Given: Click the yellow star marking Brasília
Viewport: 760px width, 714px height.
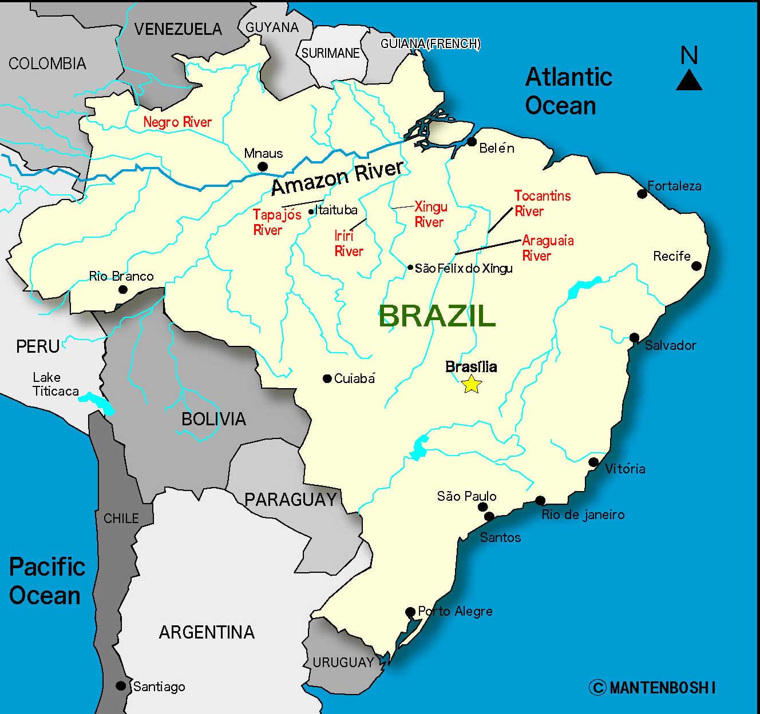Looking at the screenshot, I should coord(471,384).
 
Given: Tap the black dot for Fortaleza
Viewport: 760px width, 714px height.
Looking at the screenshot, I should coord(642,194).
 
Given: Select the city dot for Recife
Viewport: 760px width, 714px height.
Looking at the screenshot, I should coord(696,266).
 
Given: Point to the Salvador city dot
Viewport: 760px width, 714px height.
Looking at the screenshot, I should coord(634,338).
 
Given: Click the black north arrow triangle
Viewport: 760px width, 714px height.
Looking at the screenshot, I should coord(689,81).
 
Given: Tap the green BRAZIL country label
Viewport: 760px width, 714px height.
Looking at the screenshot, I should coord(437,316).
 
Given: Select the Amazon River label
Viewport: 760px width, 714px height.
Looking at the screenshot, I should coord(337,178).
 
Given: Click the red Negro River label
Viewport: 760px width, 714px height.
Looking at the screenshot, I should coord(177,122).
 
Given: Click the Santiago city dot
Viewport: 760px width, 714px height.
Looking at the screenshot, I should coord(121,685).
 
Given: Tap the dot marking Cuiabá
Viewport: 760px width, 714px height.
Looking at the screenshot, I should coord(327,378).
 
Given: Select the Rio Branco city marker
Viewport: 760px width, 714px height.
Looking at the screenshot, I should coord(122,289).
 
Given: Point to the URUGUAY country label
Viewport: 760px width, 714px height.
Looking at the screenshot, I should coord(343,663).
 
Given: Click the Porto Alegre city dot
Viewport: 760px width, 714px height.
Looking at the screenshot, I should coord(410,612).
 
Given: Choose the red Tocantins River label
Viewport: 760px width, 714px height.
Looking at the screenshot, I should coord(542,204).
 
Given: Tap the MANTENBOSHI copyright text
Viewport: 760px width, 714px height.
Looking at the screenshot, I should coord(652,687).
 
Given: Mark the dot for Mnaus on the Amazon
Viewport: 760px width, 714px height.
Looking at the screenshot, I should coord(263,167).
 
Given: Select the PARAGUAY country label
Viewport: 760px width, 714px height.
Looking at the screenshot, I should coord(290,500).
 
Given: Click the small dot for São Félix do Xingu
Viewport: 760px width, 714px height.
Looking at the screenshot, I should coord(410,268).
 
